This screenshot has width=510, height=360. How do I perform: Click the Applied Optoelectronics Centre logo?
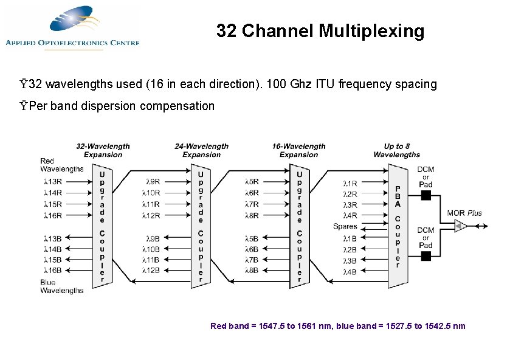pos(72,27)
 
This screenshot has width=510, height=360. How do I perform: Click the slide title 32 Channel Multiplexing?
pos(320,31)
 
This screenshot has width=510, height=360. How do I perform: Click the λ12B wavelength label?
pos(151,271)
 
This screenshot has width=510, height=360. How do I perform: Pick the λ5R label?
pos(251,181)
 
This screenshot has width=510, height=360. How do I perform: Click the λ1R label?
pos(350,182)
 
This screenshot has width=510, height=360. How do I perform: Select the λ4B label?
pos(350,272)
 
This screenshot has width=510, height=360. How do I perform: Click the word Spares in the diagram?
pos(345,227)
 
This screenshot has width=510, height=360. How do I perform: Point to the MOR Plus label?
pos(464,213)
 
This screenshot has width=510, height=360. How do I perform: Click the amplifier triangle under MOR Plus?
pos(461,227)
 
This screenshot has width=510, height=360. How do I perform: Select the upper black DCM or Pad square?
pos(426,195)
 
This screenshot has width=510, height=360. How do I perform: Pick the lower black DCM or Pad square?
pos(426,256)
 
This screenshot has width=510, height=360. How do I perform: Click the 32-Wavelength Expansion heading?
pos(103,150)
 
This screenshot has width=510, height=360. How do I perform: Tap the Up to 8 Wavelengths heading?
pos(397,150)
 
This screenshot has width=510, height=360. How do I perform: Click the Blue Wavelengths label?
pos(61,286)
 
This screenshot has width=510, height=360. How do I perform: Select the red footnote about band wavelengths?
pos(337,326)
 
